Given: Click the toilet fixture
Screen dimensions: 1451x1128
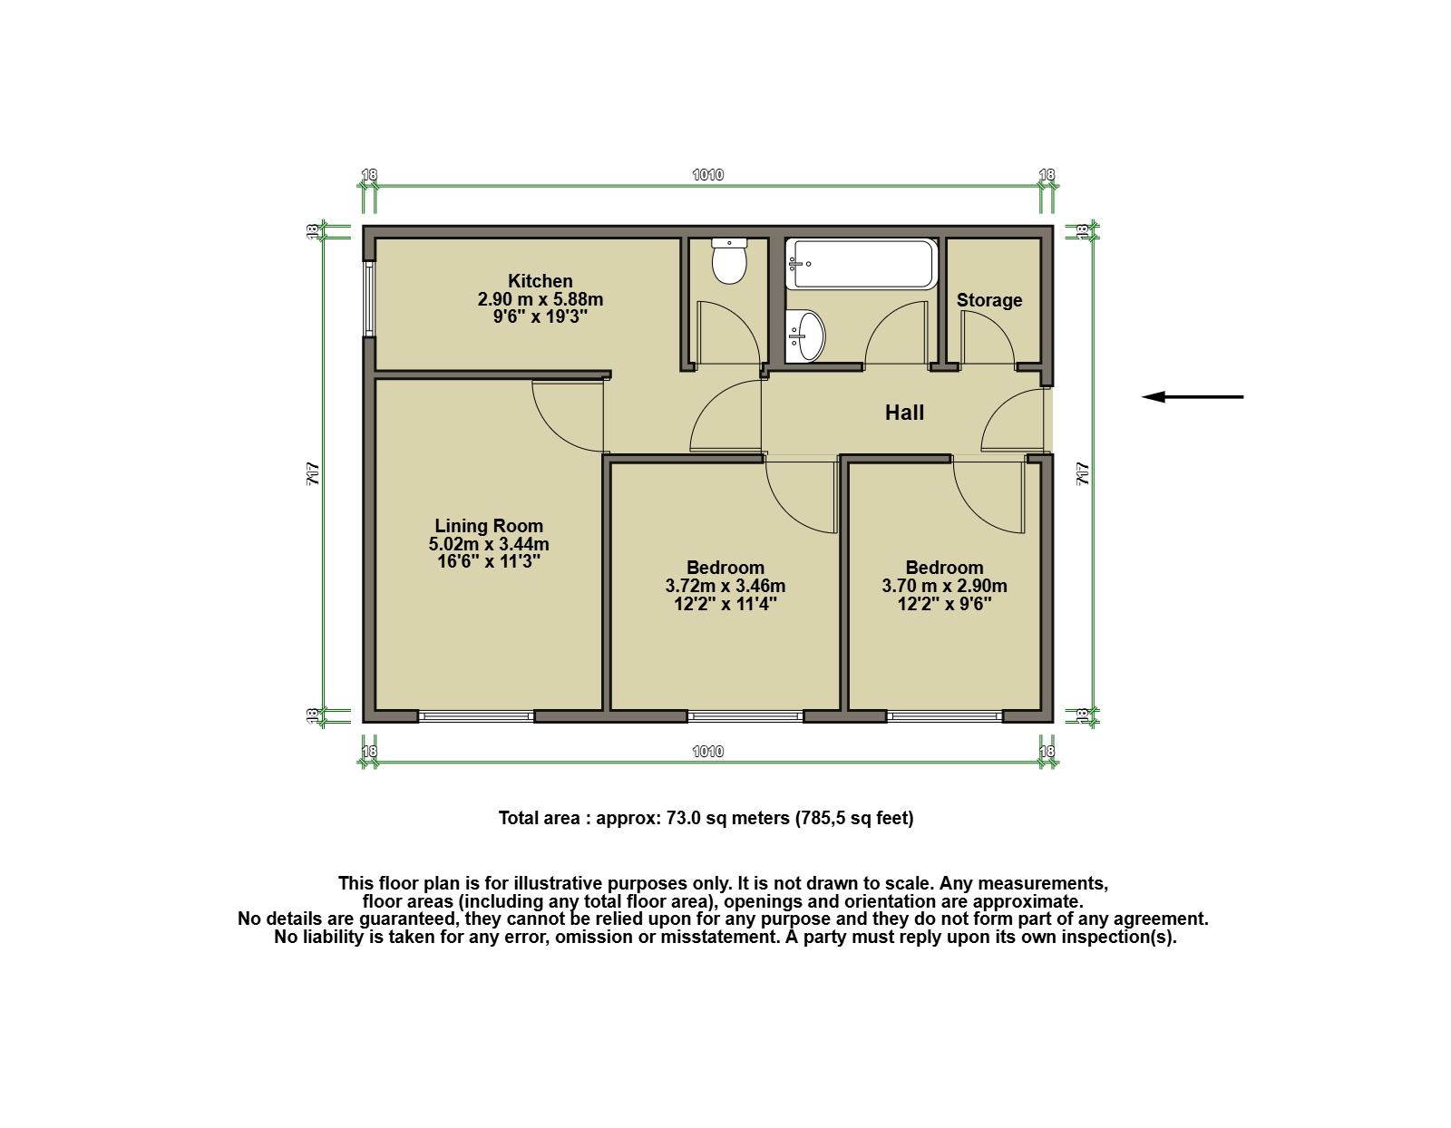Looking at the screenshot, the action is [728, 261].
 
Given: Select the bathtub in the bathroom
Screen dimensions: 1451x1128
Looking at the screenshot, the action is [862, 264].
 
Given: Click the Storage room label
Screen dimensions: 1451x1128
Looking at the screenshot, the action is [988, 300].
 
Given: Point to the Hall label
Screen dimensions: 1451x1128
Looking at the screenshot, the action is [904, 413].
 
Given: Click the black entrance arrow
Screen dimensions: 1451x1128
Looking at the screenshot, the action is [1193, 397].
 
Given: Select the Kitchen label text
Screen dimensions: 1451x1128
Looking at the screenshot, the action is [540, 281].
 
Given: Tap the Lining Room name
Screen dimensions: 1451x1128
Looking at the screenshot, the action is [489, 526].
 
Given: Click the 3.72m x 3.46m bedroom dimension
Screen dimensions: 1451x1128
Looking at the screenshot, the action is [725, 586].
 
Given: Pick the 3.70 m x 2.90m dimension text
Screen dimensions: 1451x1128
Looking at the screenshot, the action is [944, 586].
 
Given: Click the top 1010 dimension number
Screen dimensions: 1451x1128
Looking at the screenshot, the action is [707, 175].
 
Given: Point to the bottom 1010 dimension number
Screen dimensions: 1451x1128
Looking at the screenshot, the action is [707, 752].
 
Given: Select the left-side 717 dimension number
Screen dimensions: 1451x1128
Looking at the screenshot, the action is [313, 474].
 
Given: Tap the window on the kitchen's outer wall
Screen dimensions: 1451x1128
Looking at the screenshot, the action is [368, 298].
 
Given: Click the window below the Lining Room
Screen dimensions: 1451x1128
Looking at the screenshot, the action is [476, 716].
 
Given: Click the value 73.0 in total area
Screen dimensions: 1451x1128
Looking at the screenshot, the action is [684, 818].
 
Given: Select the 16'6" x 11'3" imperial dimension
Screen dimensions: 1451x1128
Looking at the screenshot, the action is [489, 561].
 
